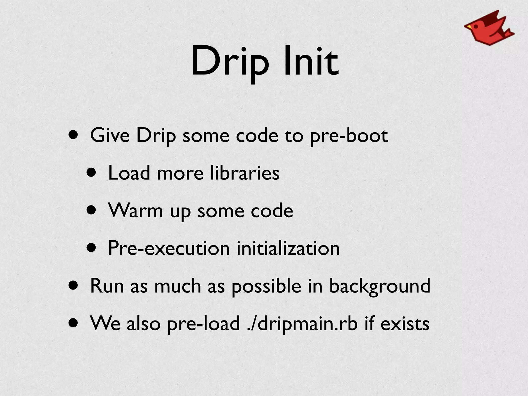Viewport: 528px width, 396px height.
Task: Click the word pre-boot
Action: (349, 136)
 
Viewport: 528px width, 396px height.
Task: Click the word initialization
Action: (288, 248)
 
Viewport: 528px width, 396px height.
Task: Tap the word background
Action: (379, 286)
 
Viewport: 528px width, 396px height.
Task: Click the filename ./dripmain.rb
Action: (302, 324)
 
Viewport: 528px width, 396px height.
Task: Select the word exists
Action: (405, 324)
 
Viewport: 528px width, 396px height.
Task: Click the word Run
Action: (107, 286)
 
